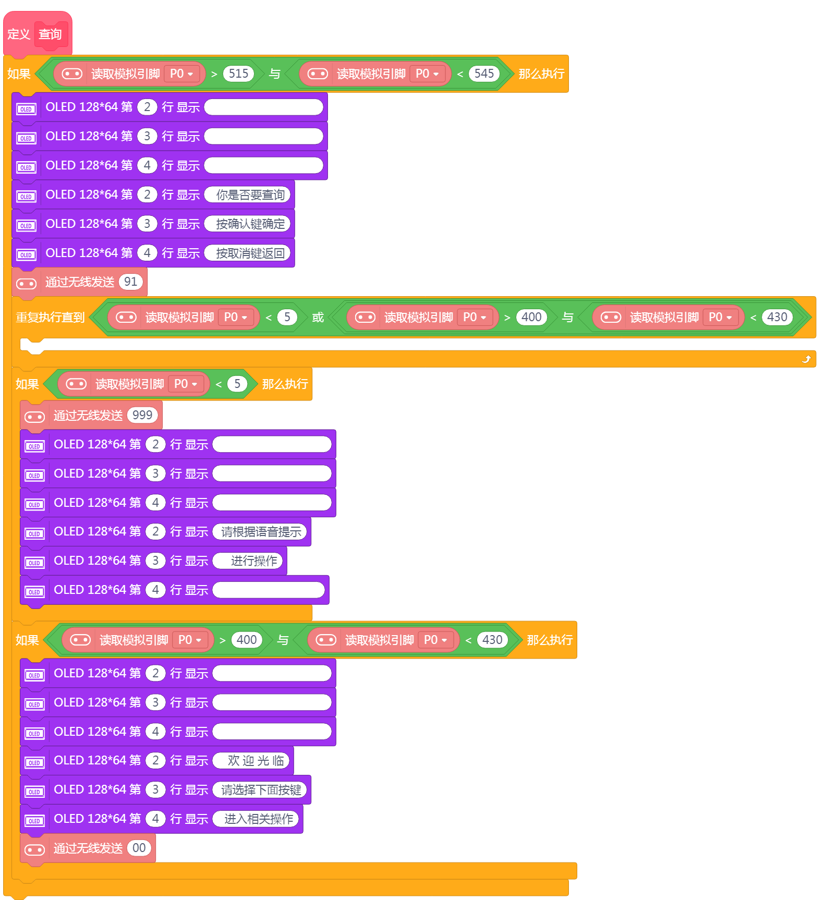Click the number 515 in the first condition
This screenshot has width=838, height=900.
238,74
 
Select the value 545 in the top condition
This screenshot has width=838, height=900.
484,74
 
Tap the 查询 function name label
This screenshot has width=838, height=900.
50,34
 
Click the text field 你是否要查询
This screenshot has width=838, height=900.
250,194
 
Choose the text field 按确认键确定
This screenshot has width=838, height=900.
250,224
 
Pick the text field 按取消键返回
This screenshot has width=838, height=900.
250,253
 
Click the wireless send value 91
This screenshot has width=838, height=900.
130,282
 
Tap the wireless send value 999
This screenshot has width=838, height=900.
142,415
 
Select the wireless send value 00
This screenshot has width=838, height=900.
139,848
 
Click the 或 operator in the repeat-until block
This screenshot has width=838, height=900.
318,317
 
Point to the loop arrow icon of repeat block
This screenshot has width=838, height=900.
806,359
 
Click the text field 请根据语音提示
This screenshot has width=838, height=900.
261,531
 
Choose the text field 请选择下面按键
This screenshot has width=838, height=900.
261,790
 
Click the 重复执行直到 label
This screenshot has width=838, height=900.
50,317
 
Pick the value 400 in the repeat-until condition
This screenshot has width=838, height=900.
531,317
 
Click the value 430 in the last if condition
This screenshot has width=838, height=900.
492,640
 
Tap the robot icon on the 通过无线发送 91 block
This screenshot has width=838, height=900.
26,284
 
